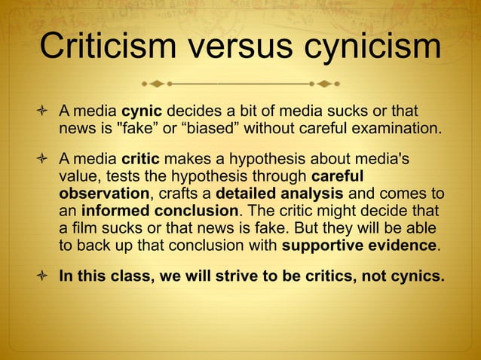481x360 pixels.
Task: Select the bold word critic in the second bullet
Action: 136,159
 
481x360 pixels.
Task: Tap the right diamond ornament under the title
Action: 326,80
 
